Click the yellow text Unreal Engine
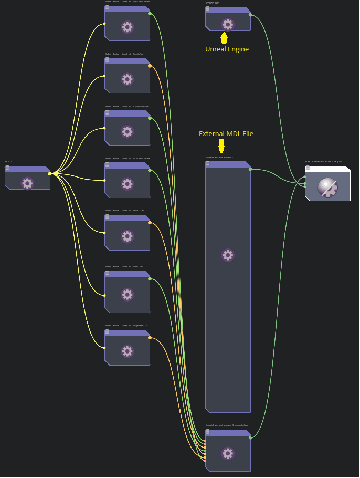pos(227,49)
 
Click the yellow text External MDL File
pos(226,134)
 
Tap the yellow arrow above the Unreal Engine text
pos(225,38)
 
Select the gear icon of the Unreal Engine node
pos(227,24)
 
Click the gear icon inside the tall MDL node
pos(227,255)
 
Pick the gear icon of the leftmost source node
pos(27,183)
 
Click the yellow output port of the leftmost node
pos(50,173)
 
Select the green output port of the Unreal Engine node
pos(250,15)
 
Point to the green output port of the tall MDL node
pos(250,169)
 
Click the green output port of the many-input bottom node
pos(250,438)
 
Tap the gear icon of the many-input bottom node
pos(227,453)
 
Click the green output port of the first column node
pos(150,14)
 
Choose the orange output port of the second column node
pos(150,66)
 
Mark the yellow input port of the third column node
pos(104,128)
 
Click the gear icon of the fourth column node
pos(127,183)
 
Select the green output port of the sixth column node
pos(150,279)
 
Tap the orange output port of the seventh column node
pos(150,338)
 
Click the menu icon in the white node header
pos(308,168)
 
